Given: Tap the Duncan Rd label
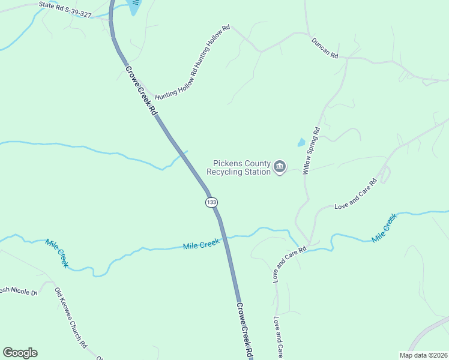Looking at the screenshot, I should pyautogui.click(x=325, y=48).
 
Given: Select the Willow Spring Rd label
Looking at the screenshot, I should pyautogui.click(x=312, y=150).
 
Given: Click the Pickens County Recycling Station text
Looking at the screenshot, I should pyautogui.click(x=239, y=167).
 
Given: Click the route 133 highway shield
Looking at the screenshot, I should pyautogui.click(x=211, y=202).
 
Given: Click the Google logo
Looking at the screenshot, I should pyautogui.click(x=20, y=353).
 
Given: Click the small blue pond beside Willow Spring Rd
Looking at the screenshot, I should pyautogui.click(x=301, y=143).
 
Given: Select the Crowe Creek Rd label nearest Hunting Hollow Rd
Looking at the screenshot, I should pyautogui.click(x=141, y=91).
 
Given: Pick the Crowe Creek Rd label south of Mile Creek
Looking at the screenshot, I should pyautogui.click(x=244, y=330).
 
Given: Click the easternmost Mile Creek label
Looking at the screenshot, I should pyautogui.click(x=384, y=228).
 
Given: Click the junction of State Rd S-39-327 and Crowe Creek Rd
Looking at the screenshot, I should pyautogui.click(x=110, y=20).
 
